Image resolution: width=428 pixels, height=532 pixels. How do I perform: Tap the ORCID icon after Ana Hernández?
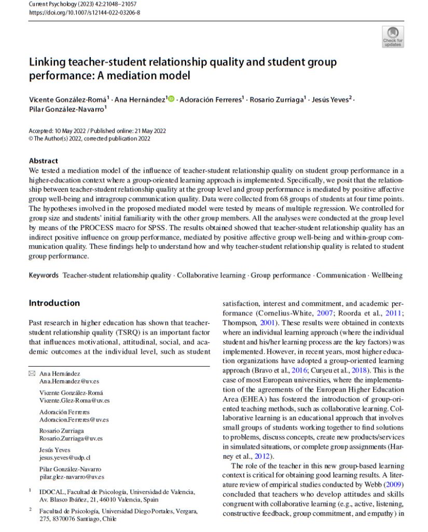click(x=171, y=99)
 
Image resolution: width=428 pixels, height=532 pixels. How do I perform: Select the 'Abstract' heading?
click(x=44, y=161)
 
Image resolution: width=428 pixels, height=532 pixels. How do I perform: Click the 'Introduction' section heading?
click(x=54, y=303)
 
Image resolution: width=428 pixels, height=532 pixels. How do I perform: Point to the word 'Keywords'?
click(x=44, y=275)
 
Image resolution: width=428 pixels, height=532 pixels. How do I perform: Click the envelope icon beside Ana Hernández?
click(x=32, y=374)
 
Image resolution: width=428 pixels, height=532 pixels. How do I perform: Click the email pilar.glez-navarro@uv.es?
click(x=72, y=476)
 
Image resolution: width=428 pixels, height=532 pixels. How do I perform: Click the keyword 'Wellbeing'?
click(x=387, y=275)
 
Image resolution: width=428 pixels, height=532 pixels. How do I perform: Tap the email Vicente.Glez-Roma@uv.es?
click(x=75, y=401)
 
